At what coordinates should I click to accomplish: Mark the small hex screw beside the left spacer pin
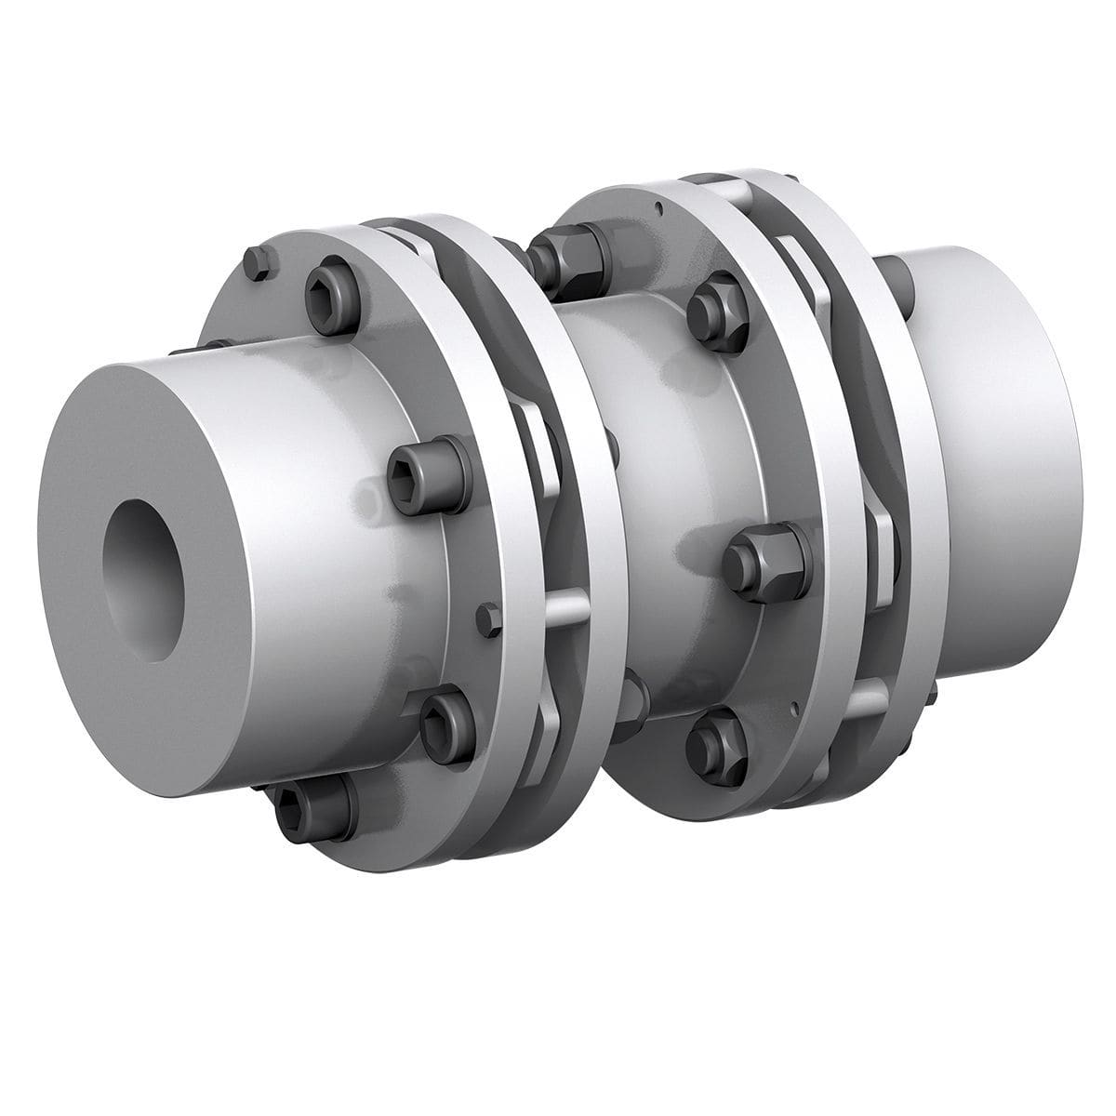(486, 619)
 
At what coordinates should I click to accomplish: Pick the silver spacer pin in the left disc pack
(567, 609)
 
